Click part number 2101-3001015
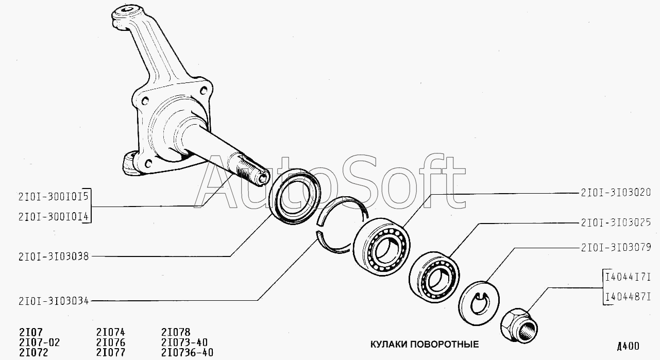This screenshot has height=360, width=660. [x=54, y=197]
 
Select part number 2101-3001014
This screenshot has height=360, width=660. [x=54, y=217]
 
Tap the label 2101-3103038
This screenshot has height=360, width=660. [x=54, y=256]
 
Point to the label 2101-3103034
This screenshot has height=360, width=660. [x=54, y=301]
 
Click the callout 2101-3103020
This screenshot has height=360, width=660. [x=616, y=193]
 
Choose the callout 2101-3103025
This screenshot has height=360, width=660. [x=616, y=222]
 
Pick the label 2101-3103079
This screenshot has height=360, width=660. [x=616, y=247]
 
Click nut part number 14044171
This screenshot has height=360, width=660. [x=628, y=277]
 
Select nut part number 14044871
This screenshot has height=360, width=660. [x=628, y=297]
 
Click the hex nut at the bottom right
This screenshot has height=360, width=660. [x=519, y=325]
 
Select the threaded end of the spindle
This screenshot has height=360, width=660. [x=252, y=173]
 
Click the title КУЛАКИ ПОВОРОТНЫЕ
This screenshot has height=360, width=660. [x=425, y=344]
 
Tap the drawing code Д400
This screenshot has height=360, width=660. [x=628, y=346]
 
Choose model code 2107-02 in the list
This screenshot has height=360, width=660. [x=40, y=342]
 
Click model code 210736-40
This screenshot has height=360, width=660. [x=187, y=352]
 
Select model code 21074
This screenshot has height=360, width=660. [x=110, y=332]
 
